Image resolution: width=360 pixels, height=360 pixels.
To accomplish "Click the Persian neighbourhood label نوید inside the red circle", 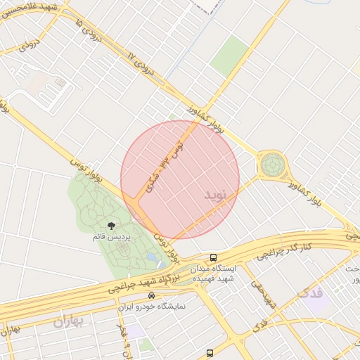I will coord(216,193).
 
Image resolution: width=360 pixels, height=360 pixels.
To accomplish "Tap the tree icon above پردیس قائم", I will coord(111,225).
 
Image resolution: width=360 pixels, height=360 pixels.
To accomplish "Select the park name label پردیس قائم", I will coord(110,236).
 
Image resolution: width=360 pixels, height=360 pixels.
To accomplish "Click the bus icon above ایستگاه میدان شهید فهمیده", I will coord(213,258).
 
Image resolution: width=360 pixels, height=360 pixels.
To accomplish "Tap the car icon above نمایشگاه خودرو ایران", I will coord(150,296).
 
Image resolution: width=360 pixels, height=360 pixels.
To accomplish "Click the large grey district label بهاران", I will coord(68,322).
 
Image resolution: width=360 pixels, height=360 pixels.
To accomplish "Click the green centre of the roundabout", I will coord(272,166).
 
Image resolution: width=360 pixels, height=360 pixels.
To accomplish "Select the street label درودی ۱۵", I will coord(87,30).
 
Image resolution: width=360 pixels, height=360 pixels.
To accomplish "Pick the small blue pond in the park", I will coord(152,259).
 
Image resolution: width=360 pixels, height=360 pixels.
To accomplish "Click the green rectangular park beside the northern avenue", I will coord(230,57).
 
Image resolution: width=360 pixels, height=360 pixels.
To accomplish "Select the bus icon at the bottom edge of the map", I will coord(210,353).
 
